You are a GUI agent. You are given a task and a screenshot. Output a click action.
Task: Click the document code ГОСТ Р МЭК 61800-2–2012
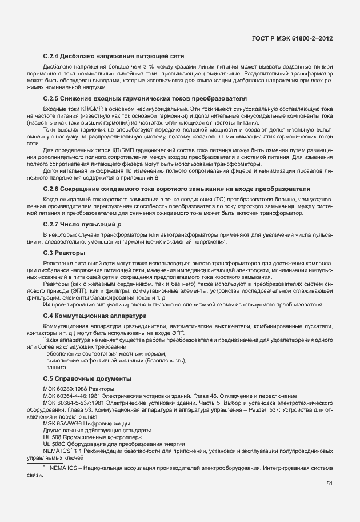point(292,38)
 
